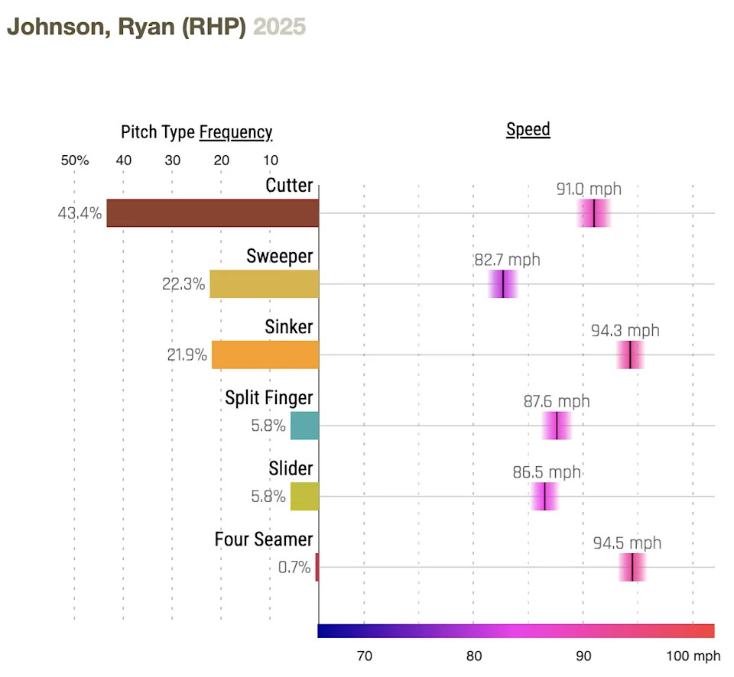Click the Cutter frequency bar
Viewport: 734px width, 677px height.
[x=213, y=213]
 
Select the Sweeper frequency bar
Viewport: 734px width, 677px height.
[x=264, y=283]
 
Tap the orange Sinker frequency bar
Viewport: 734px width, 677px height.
[x=265, y=355]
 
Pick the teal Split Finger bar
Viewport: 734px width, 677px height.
[x=304, y=426]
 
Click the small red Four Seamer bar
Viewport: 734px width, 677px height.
[x=317, y=568]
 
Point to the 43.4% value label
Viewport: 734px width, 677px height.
[x=80, y=214]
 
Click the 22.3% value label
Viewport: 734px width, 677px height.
[x=183, y=285]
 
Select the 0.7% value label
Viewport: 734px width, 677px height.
[x=294, y=568]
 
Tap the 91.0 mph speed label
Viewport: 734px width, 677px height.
[x=589, y=189]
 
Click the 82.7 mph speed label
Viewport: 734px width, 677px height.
[x=507, y=260]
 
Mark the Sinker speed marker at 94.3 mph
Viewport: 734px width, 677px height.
[x=630, y=355]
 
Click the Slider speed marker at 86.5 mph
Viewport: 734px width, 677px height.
[x=544, y=497]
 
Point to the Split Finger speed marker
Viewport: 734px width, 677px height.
[x=557, y=426]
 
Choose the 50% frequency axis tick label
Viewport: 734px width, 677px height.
[x=75, y=161]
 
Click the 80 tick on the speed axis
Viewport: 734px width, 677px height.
[x=473, y=656]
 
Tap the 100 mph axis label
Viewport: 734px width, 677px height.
[x=693, y=656]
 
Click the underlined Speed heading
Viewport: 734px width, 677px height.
[x=528, y=129]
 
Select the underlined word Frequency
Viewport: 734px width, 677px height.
[x=235, y=132]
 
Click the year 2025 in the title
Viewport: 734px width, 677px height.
[x=279, y=28]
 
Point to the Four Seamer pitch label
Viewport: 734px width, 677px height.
[x=263, y=539]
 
